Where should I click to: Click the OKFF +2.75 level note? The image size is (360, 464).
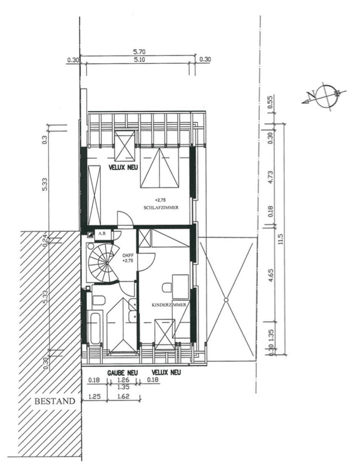(x=128, y=257)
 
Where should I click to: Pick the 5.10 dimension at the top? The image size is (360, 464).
(x=140, y=61)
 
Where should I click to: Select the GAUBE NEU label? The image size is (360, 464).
(x=121, y=373)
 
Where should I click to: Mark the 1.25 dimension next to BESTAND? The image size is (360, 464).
(x=95, y=396)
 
